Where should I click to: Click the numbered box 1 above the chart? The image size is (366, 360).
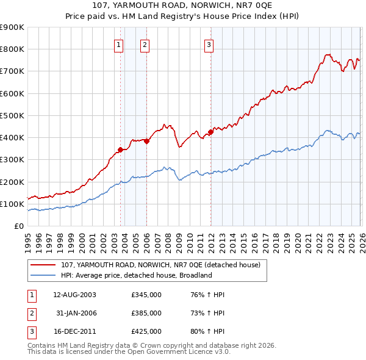pyautogui.click(x=118, y=44)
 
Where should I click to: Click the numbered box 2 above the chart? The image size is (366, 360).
pyautogui.click(x=145, y=44)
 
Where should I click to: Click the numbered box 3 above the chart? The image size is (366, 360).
pyautogui.click(x=209, y=44)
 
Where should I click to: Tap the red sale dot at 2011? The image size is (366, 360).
pyautogui.click(x=211, y=131)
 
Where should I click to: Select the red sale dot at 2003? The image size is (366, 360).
pyautogui.click(x=121, y=149)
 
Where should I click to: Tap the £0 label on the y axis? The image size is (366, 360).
pyautogui.click(x=18, y=226)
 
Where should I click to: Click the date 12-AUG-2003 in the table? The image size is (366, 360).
pyautogui.click(x=74, y=295)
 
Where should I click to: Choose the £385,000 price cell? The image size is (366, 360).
pyautogui.click(x=146, y=313)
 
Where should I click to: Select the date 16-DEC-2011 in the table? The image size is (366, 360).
pyautogui.click(x=74, y=331)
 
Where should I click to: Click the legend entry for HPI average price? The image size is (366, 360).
pyautogui.click(x=135, y=275)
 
